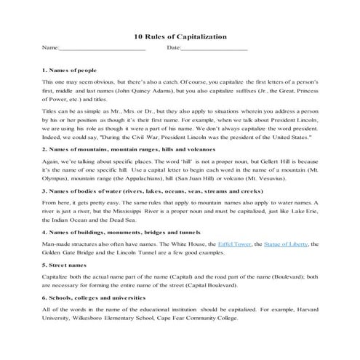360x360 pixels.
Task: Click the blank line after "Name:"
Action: (x=102, y=49)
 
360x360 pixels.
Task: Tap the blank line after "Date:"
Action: (x=214, y=49)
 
